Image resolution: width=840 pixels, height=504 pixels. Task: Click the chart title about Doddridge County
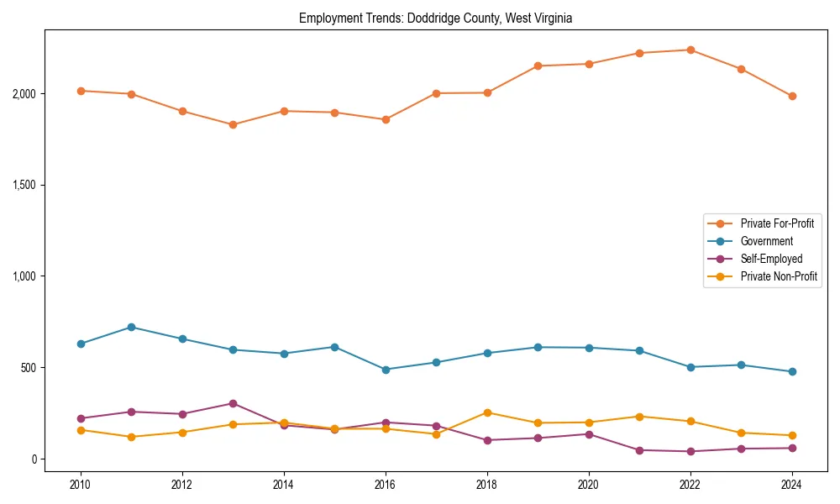point(435,18)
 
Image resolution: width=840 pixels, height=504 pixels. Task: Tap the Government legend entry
point(766,241)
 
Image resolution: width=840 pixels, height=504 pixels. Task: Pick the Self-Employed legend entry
point(771,259)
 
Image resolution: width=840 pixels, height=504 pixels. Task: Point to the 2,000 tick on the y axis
point(24,93)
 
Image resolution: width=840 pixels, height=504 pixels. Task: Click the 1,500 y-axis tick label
point(24,185)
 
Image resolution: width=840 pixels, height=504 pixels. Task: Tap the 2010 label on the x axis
point(81,486)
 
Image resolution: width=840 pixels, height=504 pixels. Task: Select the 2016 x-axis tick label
point(386,486)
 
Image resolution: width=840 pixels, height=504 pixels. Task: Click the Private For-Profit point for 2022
point(690,50)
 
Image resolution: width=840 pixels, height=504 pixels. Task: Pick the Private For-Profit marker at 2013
point(233,124)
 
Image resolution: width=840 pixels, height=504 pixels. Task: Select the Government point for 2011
point(132,327)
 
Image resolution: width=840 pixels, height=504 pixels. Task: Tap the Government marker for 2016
point(386,370)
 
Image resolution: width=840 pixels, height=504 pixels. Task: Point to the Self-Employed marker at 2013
point(233,403)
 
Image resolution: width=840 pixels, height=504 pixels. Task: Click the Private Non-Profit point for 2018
point(487,412)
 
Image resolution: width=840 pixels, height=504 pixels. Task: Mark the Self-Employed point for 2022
point(690,451)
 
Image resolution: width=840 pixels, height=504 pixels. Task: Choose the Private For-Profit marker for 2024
point(791,96)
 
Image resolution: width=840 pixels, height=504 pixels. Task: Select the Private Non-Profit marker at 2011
point(132,437)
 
